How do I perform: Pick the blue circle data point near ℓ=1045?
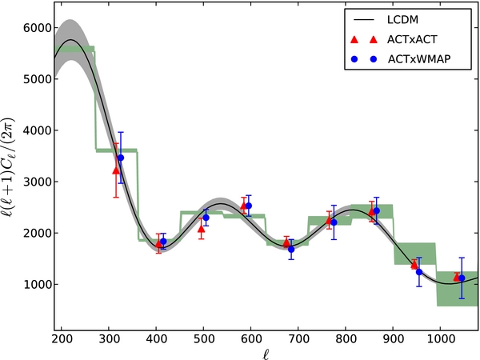tap(462, 278)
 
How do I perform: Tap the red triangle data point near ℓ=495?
tap(201, 228)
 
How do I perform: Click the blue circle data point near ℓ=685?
tap(291, 249)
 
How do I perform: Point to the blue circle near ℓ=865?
tap(376, 211)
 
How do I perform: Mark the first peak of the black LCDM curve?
tap(71, 39)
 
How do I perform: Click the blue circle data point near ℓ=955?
tap(419, 272)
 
